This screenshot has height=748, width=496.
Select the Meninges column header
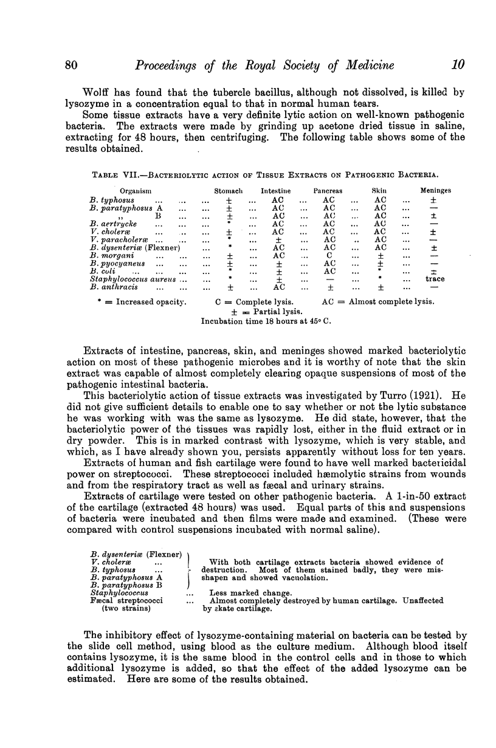436,190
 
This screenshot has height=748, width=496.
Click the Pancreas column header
329,190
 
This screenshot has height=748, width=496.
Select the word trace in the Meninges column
435,279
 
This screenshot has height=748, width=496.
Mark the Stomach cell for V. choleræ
229,232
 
